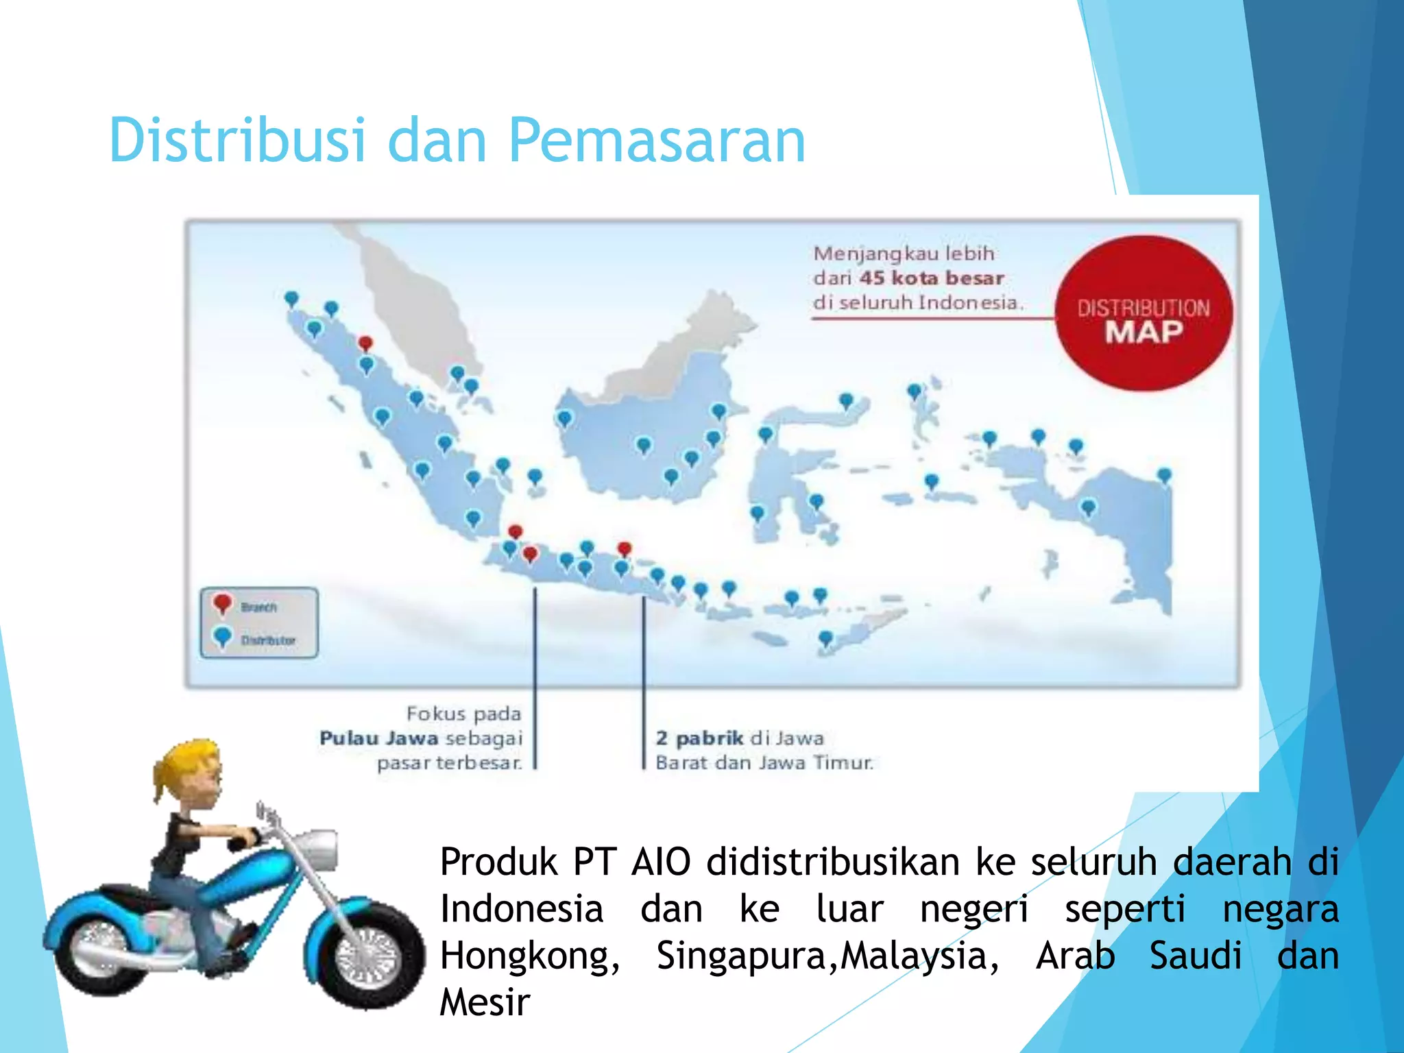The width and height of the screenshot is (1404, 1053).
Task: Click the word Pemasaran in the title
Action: click(x=656, y=141)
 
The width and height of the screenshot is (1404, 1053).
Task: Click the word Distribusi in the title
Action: click(x=237, y=141)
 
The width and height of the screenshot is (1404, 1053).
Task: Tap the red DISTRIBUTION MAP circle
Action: click(x=1143, y=314)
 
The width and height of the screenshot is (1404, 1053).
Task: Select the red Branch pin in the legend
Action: click(x=222, y=603)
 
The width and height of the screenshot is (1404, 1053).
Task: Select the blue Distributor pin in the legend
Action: click(x=222, y=637)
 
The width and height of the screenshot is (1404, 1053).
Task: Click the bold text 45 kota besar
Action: click(x=932, y=278)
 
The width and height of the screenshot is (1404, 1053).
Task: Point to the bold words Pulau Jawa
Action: click(x=378, y=738)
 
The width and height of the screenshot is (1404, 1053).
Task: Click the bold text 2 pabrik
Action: click(x=699, y=738)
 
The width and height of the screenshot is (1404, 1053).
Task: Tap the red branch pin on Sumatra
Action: click(x=366, y=342)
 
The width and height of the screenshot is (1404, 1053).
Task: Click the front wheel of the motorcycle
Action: click(x=367, y=954)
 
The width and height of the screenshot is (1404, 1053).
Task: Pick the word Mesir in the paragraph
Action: click(x=485, y=1002)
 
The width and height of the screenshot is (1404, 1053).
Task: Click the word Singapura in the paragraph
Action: click(x=746, y=956)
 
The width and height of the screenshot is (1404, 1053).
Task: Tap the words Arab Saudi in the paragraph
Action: click(x=1138, y=956)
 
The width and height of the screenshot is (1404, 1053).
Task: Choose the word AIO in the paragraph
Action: click(x=661, y=862)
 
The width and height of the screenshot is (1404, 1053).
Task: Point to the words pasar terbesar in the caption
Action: click(x=450, y=763)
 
